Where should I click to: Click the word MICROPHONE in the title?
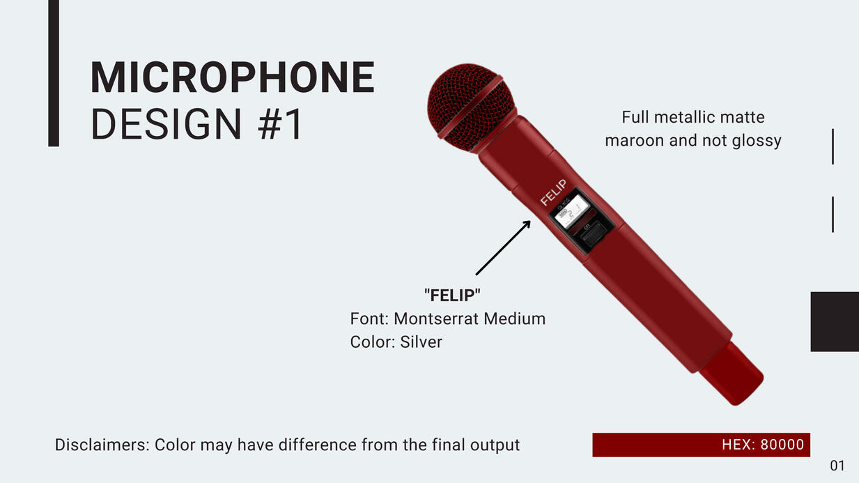pyautogui.click(x=233, y=77)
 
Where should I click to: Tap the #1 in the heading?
pyautogui.click(x=281, y=124)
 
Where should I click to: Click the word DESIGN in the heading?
pyautogui.click(x=166, y=124)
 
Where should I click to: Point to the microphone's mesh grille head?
pyautogui.click(x=470, y=107)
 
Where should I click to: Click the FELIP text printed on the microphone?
pyautogui.click(x=553, y=192)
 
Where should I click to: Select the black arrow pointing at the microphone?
pyautogui.click(x=503, y=248)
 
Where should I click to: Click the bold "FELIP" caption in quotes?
pyautogui.click(x=452, y=296)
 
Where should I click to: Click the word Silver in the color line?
pyautogui.click(x=421, y=342)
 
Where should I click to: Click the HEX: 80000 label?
pyautogui.click(x=763, y=445)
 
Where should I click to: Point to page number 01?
pyautogui.click(x=837, y=466)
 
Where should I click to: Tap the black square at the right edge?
pyautogui.click(x=835, y=321)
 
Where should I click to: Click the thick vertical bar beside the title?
pyautogui.click(x=54, y=73)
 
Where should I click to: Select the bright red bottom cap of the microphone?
pyautogui.click(x=732, y=373)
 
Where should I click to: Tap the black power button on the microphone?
pyautogui.click(x=593, y=234)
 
